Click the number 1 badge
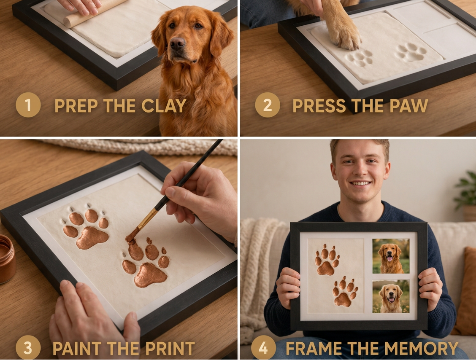click(28, 105)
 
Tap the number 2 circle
click(267, 105)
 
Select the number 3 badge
click(28, 348)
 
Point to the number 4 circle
click(263, 348)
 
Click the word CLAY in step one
click(164, 105)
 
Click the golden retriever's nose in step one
click(178, 44)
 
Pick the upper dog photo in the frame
click(391, 256)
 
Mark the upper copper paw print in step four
click(327, 260)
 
